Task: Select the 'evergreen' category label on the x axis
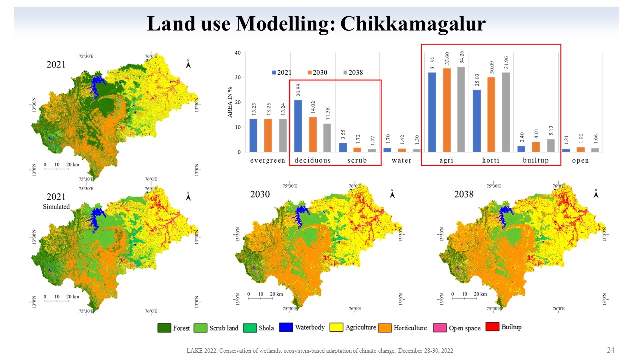pos(268,161)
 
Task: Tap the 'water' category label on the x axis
pos(401,161)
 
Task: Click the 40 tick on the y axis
pos(238,53)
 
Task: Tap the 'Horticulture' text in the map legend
pos(410,328)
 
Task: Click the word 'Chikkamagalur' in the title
pos(413,23)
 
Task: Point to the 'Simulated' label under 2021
pos(56,207)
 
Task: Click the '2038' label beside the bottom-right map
pos(463,195)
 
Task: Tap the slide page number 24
pos(610,350)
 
